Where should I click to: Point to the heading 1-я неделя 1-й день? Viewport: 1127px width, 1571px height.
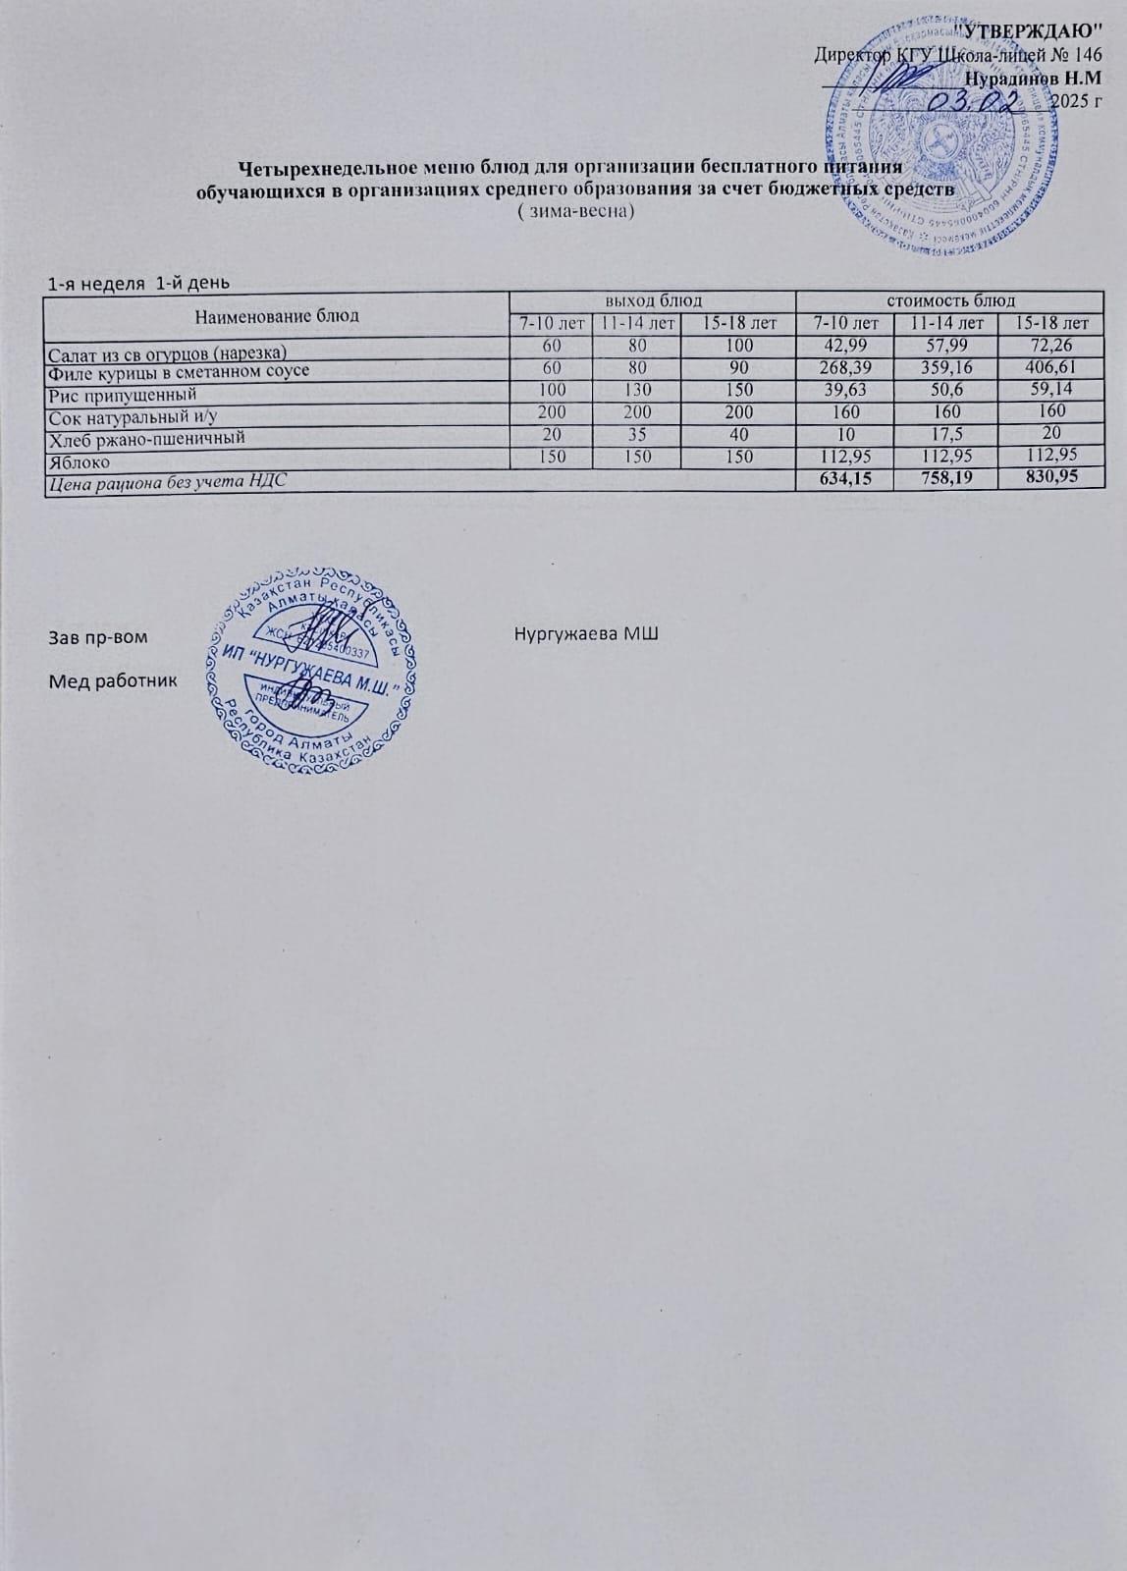(139, 284)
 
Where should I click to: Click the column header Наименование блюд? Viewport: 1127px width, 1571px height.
(277, 315)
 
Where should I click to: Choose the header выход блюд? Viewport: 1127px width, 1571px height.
(652, 300)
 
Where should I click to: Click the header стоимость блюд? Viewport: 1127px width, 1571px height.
(950, 300)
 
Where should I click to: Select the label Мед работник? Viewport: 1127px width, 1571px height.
(114, 679)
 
